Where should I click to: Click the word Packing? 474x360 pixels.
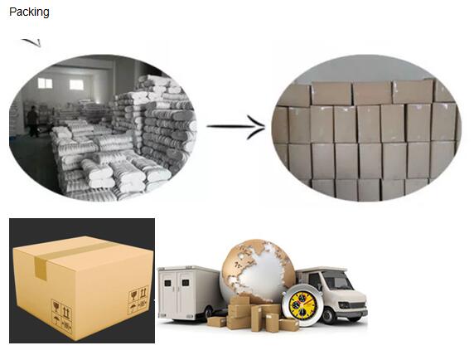coord(29,12)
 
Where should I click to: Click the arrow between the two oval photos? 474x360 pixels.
coord(236,127)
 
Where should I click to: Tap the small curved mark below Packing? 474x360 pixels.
coord(31,42)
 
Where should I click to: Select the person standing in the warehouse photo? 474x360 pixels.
coord(32,121)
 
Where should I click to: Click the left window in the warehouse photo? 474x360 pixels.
coord(45,83)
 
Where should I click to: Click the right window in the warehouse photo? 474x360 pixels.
coord(76,85)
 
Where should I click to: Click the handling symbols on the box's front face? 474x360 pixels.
coord(62,315)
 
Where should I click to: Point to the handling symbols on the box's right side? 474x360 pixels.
coord(138,299)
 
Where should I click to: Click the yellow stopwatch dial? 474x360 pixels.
coord(303,305)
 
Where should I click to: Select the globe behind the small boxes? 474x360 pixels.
coord(258,271)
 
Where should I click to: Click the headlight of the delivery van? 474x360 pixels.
coord(345,305)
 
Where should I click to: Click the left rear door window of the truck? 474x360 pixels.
coord(167,283)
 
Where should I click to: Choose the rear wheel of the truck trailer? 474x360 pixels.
coord(210,314)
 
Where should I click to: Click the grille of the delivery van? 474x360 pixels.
coord(359,305)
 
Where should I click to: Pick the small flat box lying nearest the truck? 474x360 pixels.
coord(216,322)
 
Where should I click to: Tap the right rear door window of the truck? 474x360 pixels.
coord(186,283)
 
